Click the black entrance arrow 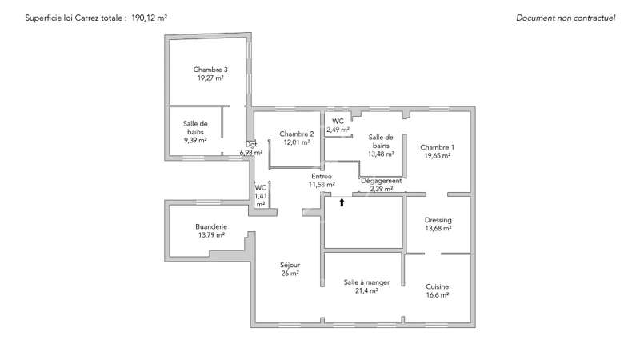[342, 202]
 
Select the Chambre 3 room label [210, 70]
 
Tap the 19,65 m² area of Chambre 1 [437, 155]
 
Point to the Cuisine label [437, 286]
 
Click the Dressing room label [438, 221]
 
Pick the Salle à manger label [366, 282]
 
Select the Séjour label [290, 266]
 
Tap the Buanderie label [211, 226]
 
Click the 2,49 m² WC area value [338, 130]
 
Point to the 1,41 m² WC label [261, 195]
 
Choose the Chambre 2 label [297, 134]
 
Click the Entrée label [322, 176]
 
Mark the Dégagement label [382, 181]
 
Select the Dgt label [251, 144]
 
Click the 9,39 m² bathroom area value [195, 141]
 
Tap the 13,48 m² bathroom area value [381, 154]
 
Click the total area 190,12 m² [149, 18]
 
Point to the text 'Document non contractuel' [566, 18]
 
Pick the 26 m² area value [290, 274]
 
